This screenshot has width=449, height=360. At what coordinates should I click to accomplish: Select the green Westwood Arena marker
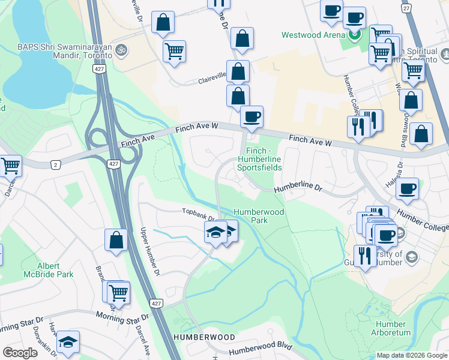click(x=355, y=35)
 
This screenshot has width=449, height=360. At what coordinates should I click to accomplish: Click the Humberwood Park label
click(x=259, y=216)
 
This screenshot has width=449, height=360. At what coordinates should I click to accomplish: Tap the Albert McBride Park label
click(x=55, y=270)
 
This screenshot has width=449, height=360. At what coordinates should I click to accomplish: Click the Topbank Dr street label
click(x=199, y=211)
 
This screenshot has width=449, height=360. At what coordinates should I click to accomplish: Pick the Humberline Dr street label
click(x=298, y=189)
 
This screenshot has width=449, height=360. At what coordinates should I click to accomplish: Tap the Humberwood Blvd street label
click(x=260, y=348)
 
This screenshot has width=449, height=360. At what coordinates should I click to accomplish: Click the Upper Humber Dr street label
click(x=150, y=252)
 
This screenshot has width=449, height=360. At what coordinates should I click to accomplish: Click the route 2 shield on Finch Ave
click(x=56, y=164)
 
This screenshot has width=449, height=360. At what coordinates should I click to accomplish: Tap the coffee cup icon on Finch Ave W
click(x=252, y=116)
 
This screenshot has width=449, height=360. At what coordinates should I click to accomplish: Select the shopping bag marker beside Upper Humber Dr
click(x=116, y=239)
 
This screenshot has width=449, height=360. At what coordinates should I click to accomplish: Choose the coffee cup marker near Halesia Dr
click(x=407, y=188)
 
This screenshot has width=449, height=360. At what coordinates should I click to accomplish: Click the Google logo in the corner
click(x=20, y=353)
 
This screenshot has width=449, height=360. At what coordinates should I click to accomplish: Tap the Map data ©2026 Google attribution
click(x=411, y=355)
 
